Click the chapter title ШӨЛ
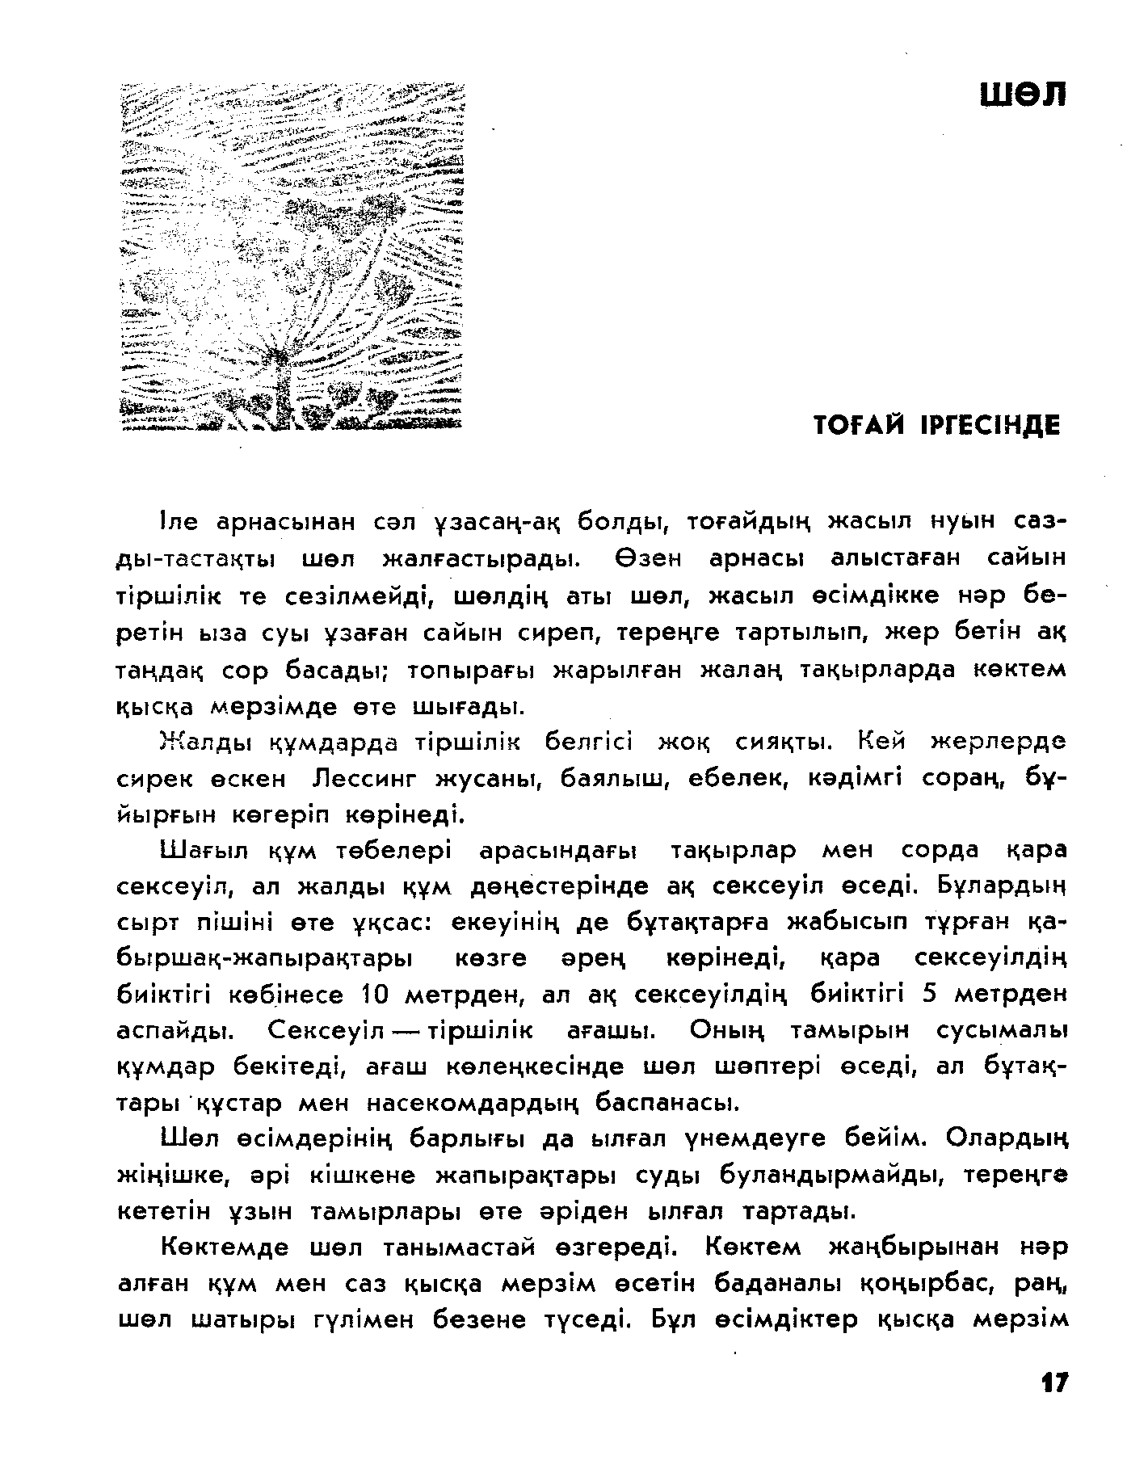point(1023,95)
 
